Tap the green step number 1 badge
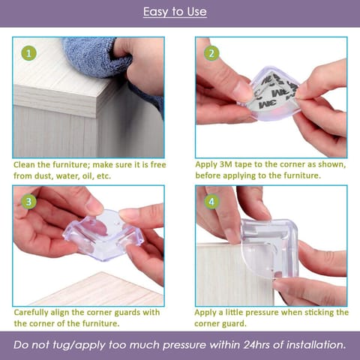point(28,53)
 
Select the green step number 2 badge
point(211,53)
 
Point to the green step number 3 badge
point(28,202)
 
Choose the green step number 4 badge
point(211,202)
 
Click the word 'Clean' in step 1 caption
point(27,164)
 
